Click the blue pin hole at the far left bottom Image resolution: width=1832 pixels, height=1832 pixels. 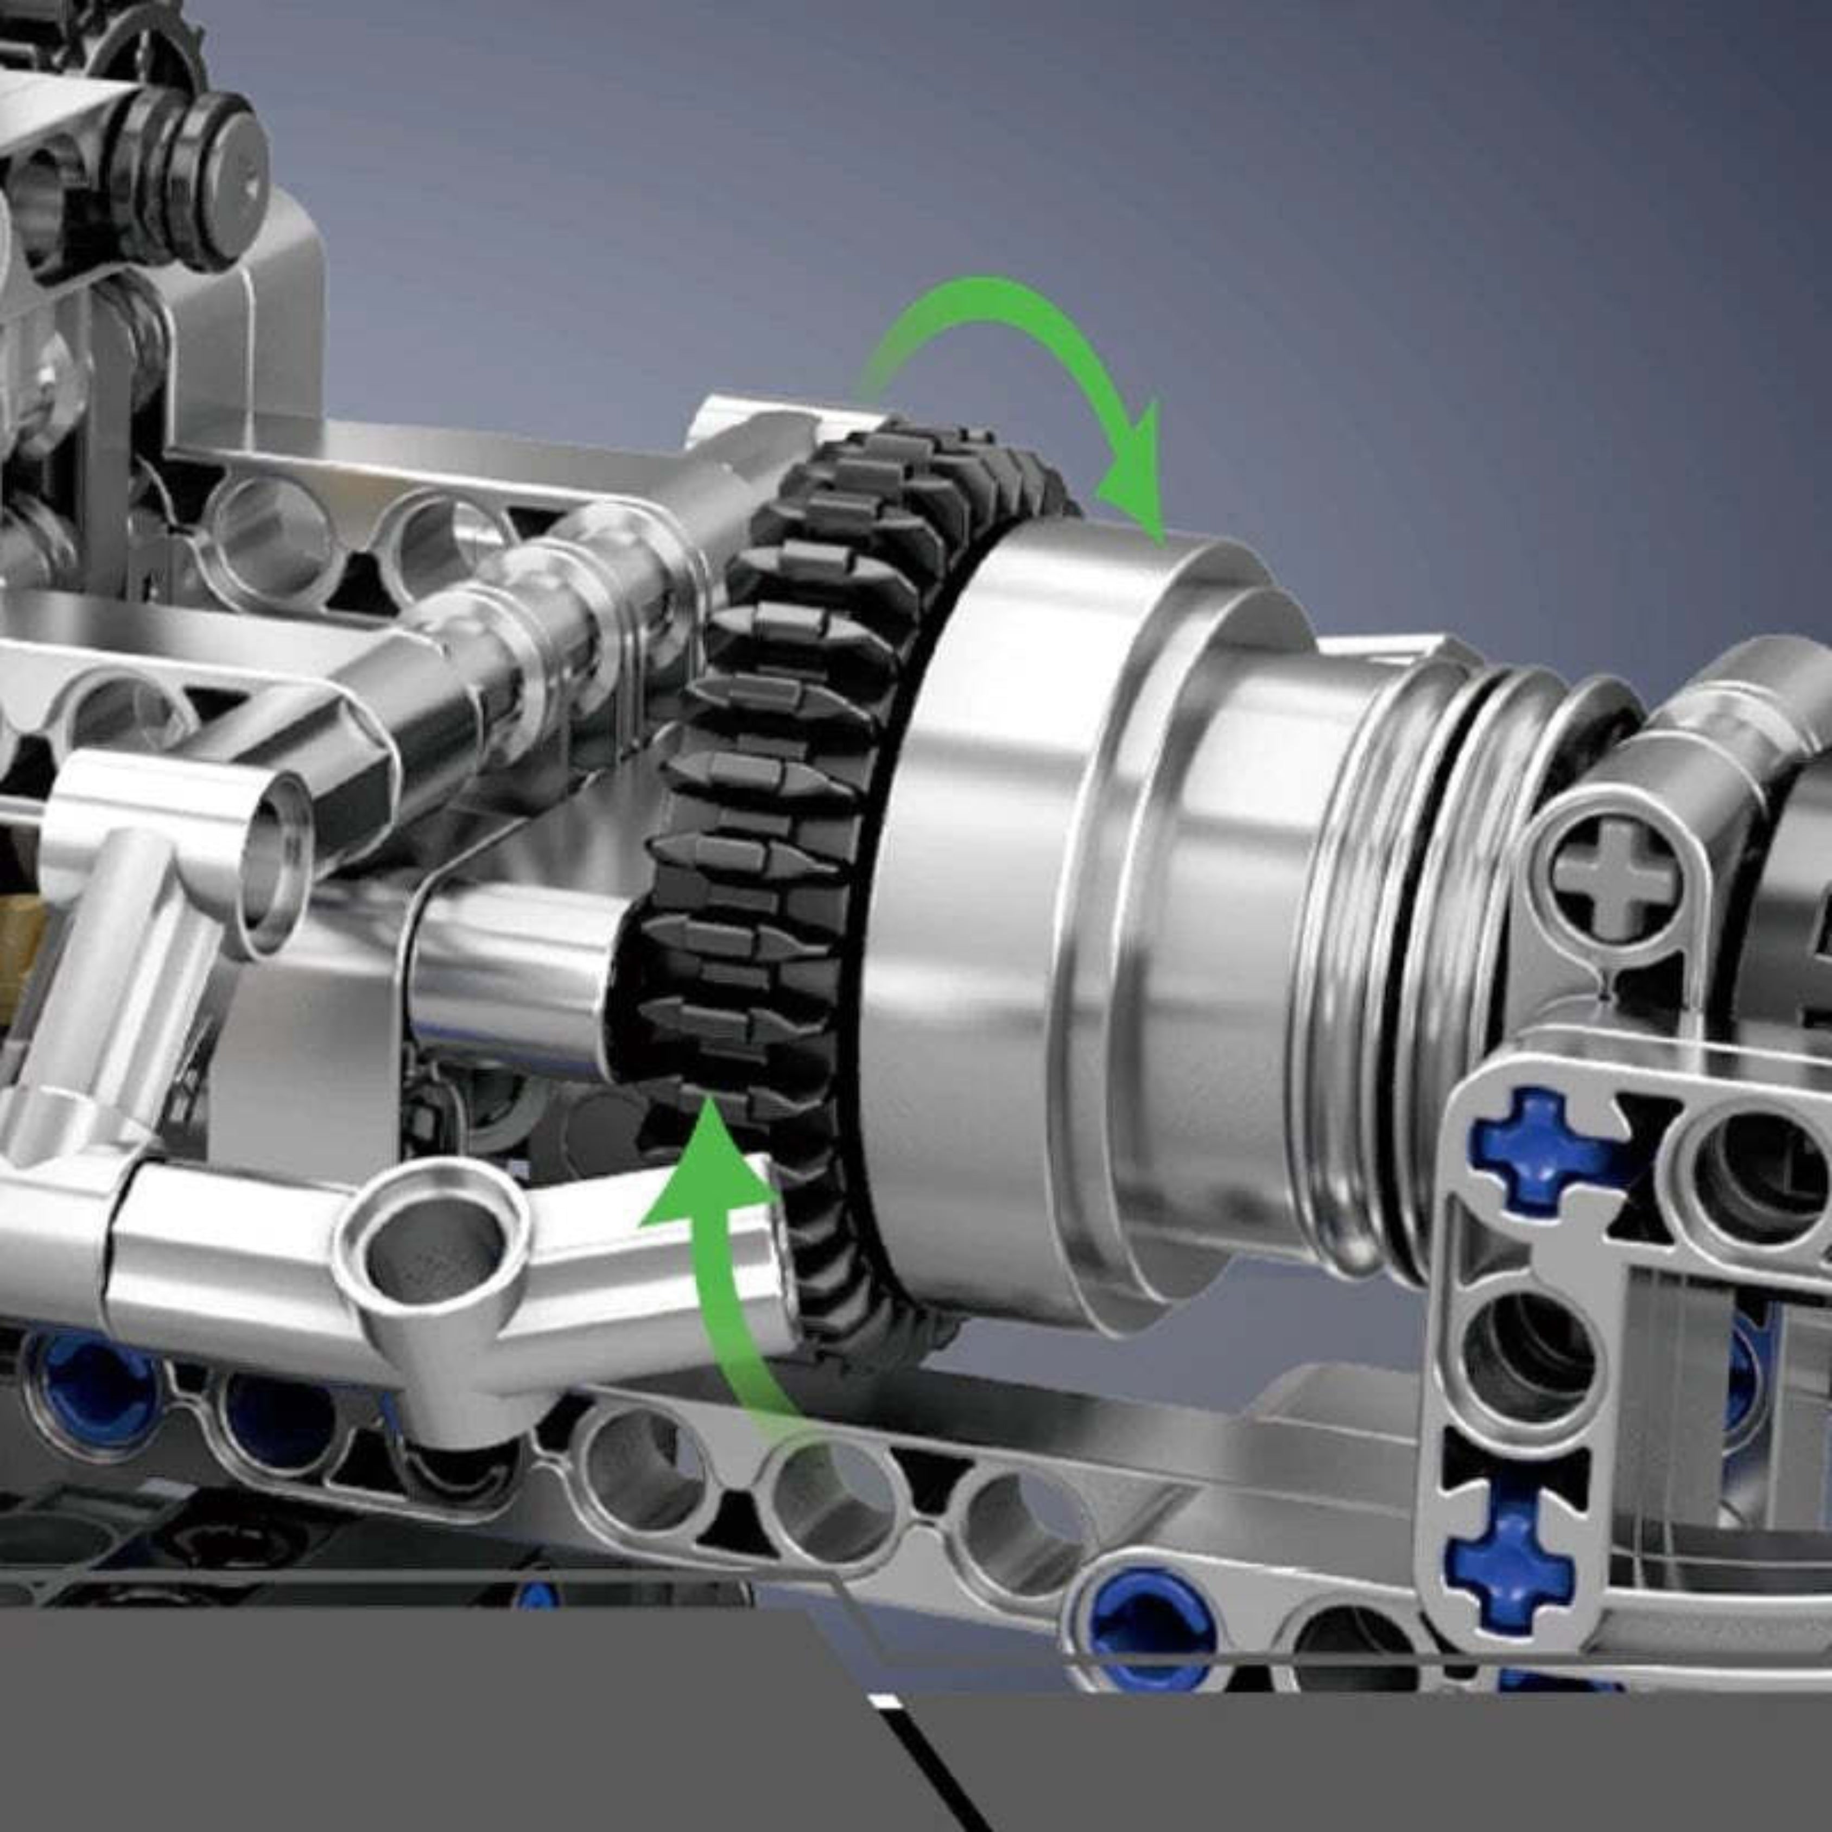pyautogui.click(x=90, y=1394)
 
